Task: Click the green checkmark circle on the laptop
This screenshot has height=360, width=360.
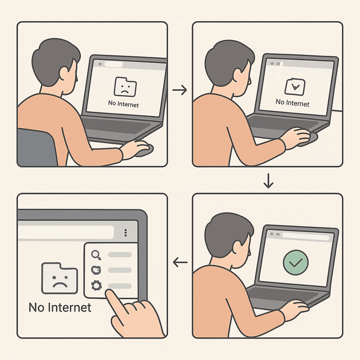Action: coord(295,262)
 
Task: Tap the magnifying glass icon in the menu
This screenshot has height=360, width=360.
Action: coord(96,255)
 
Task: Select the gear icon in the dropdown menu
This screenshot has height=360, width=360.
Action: coord(96,285)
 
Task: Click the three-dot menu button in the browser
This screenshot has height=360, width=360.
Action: coord(126,233)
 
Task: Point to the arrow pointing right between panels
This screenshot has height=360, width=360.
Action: coord(180,90)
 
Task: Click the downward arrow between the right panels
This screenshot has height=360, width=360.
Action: coord(268,180)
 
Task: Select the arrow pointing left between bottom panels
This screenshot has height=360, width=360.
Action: coord(180,262)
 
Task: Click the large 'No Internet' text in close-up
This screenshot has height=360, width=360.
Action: coord(60,307)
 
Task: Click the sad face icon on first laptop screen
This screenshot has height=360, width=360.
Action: coord(124,86)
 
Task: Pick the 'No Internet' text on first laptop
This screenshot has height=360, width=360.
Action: coord(123,104)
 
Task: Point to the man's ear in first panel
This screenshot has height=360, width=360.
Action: coord(65,74)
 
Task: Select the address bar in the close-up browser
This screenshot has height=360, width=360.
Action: coord(67,232)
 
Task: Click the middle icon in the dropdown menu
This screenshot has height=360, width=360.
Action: coord(96,270)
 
